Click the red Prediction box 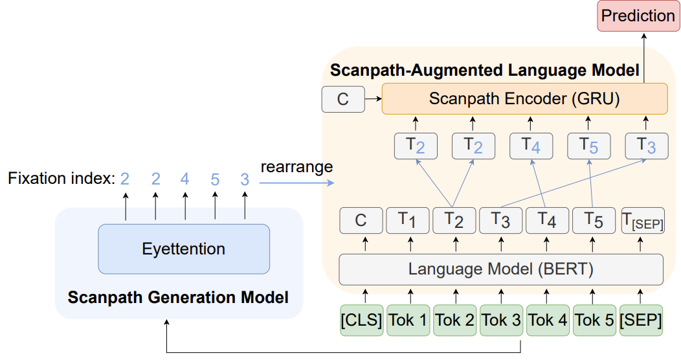[638, 16]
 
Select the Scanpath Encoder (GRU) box [524, 99]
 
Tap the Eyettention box [184, 249]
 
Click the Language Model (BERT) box [501, 269]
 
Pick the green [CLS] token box [361, 320]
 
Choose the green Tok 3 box [500, 320]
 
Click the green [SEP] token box [642, 320]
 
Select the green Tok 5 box [594, 320]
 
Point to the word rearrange [296, 167]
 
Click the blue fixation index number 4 [185, 179]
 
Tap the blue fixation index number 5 [215, 179]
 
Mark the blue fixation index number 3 [245, 179]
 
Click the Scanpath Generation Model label [178, 298]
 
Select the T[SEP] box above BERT [642, 221]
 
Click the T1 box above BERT [407, 221]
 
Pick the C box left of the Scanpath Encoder [343, 99]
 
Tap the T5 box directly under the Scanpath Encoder [588, 146]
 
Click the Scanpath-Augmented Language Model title [484, 69]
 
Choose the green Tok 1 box [408, 320]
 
